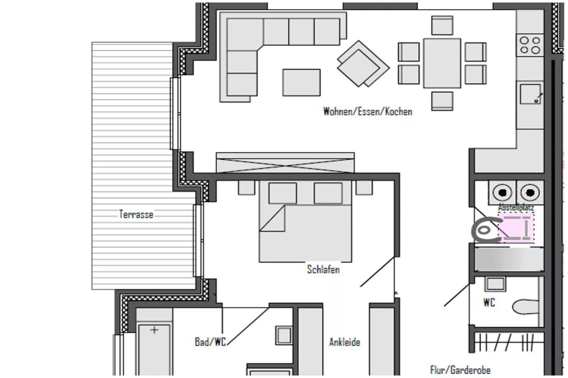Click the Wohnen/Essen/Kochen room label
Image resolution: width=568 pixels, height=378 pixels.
[367, 112]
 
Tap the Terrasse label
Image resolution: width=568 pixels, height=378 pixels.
[136, 214]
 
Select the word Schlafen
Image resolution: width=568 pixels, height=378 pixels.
[323, 269]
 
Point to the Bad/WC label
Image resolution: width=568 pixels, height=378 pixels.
[210, 342]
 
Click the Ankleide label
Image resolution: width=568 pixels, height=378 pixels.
[344, 342]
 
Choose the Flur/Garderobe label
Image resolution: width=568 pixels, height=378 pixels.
[460, 370]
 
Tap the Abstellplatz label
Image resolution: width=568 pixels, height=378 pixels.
[516, 207]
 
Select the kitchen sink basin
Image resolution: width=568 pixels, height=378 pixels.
[530, 94]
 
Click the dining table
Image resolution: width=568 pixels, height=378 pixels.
[442, 63]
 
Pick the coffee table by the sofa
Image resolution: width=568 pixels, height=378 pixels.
[301, 83]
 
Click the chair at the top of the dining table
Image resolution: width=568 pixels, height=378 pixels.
[442, 25]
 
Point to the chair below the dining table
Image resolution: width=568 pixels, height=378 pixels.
[442, 101]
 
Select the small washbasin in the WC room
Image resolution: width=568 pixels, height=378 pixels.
[495, 284]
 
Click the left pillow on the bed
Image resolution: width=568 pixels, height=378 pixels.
[283, 193]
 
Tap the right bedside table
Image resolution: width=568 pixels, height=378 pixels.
[364, 188]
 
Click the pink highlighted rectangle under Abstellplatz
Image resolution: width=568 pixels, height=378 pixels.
[516, 228]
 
